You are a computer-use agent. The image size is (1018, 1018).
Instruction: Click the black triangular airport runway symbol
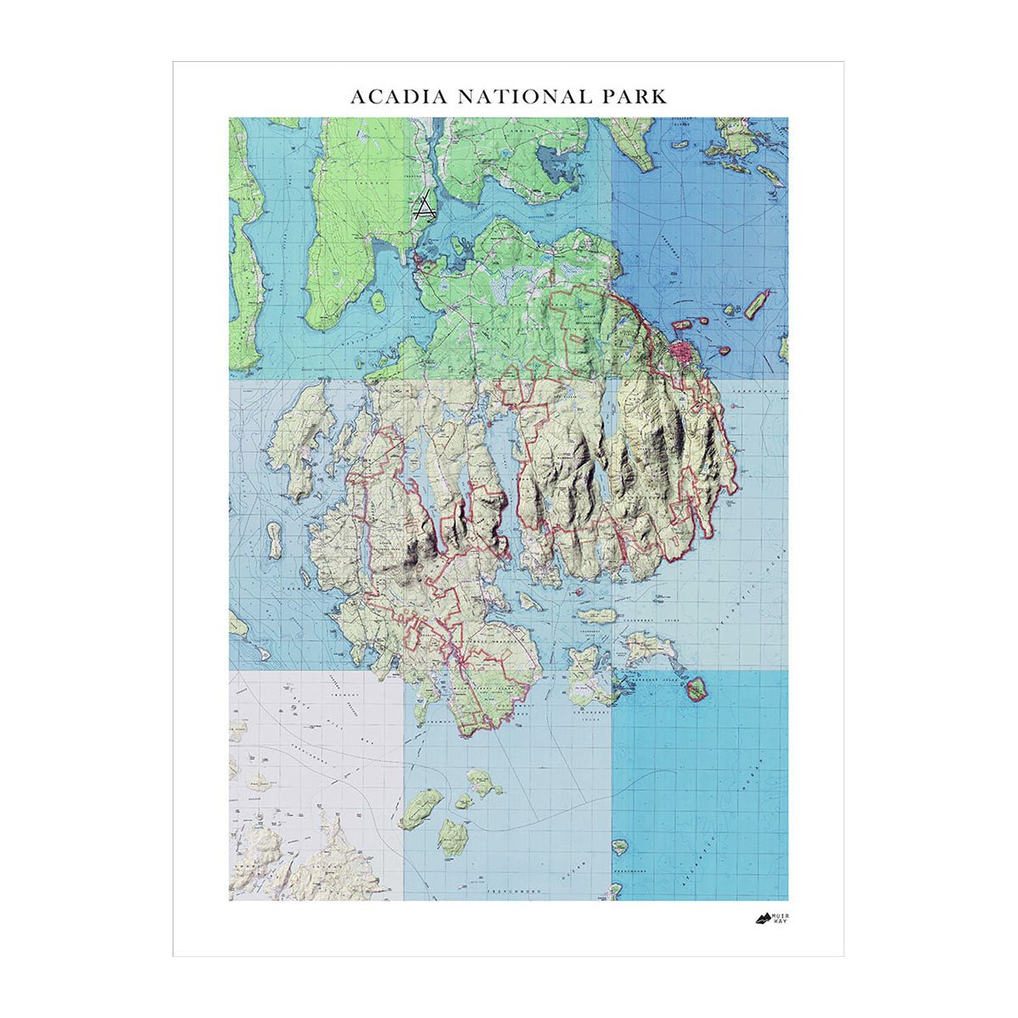click(x=423, y=208)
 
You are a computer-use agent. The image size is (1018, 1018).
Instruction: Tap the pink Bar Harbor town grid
click(x=682, y=350)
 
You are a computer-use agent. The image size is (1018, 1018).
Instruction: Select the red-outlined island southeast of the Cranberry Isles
click(x=696, y=688)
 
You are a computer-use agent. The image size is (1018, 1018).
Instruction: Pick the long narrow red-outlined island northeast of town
click(x=757, y=304)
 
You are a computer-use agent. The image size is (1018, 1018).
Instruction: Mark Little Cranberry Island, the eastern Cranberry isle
click(x=651, y=649)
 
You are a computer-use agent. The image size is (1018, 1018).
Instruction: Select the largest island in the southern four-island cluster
click(x=422, y=808)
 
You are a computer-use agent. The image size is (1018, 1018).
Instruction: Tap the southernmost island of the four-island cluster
click(x=453, y=836)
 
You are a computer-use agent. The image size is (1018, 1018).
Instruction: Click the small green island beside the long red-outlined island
click(x=730, y=310)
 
